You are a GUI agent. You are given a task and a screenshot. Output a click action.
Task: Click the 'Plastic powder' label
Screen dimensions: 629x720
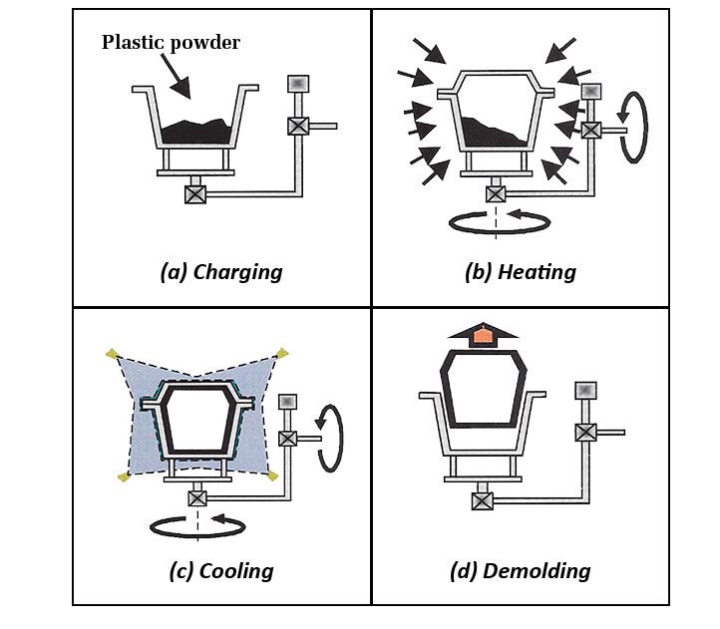point(171,43)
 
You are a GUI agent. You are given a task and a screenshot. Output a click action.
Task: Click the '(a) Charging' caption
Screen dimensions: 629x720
point(220,272)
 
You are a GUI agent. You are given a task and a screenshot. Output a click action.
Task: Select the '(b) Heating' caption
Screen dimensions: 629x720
point(520,272)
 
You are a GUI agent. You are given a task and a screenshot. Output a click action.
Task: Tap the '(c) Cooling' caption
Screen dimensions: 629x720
point(220,571)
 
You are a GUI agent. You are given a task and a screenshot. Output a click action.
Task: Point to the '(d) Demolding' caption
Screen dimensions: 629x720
point(520,571)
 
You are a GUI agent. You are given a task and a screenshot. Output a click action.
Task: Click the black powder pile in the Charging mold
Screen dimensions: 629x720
point(197,132)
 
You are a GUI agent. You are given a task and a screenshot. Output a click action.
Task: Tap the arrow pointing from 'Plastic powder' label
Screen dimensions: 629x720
point(175,76)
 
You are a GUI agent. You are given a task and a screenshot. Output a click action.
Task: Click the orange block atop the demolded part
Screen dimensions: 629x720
point(483,336)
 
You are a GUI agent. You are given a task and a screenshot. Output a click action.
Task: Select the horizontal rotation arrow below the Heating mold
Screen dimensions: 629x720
point(499,223)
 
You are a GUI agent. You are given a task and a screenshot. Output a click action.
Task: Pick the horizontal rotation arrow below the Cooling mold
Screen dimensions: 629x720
point(197,525)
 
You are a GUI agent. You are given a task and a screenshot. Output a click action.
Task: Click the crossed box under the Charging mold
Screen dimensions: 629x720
point(195,194)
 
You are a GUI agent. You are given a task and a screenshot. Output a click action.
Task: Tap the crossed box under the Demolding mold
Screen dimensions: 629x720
point(483,500)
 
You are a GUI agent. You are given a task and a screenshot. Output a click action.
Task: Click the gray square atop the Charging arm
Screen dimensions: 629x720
point(298,84)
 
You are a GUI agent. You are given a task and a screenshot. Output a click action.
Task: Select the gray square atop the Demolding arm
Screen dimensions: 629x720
point(585,390)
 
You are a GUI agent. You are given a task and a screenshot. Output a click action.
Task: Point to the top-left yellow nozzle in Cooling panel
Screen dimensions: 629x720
point(112,353)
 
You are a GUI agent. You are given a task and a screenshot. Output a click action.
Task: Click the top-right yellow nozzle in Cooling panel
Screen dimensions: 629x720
point(282,353)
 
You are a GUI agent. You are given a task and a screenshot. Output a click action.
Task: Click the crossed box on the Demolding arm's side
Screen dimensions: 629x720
point(585,432)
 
